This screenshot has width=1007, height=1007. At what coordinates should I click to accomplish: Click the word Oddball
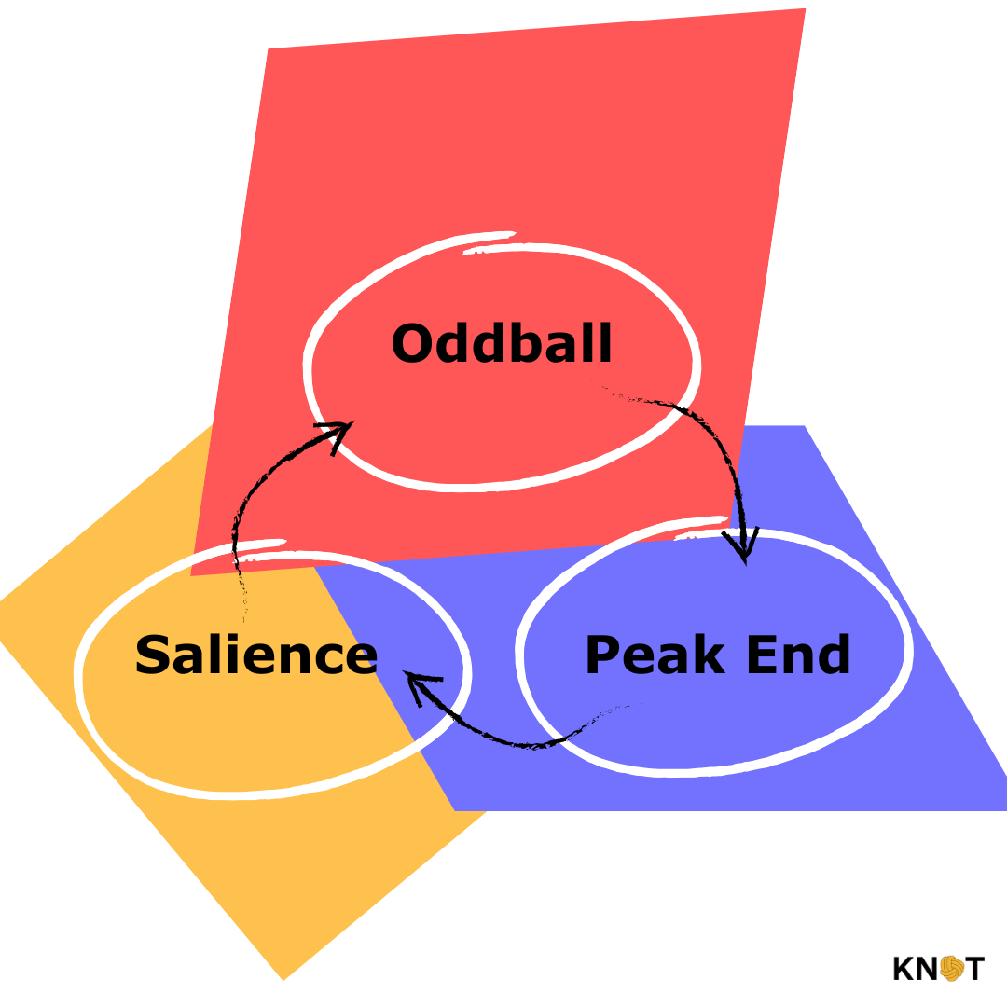(x=502, y=343)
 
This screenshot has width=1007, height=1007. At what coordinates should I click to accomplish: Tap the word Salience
(x=256, y=654)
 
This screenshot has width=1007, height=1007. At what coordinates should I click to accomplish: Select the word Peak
(x=655, y=654)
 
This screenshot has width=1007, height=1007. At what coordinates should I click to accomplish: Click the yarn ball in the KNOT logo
(x=952, y=968)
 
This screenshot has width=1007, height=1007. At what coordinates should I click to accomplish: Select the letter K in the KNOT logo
(x=904, y=968)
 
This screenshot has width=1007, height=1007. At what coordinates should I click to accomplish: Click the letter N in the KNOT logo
(x=928, y=968)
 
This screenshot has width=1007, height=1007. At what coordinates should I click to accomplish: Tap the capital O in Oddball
(x=414, y=343)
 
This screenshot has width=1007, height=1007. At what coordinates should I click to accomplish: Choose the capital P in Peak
(x=602, y=654)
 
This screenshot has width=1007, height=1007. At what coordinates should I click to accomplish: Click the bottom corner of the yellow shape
(x=283, y=981)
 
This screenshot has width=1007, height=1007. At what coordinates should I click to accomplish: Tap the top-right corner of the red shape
(x=806, y=9)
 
